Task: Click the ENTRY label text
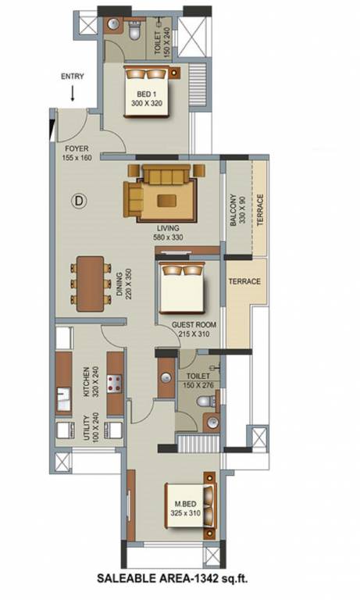click(x=72, y=76)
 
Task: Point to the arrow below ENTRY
click(x=72, y=94)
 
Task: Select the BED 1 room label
click(x=146, y=98)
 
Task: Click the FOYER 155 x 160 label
click(x=76, y=151)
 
